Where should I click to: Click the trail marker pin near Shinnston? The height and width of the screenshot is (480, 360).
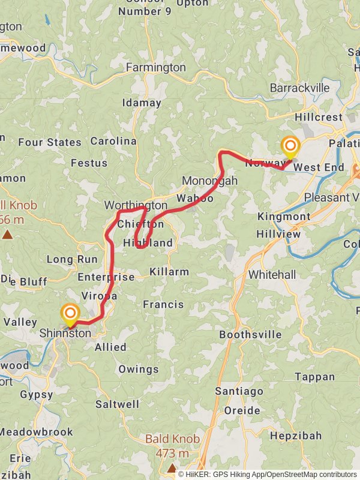tap(70, 313)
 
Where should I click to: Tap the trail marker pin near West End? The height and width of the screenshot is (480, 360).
tap(290, 146)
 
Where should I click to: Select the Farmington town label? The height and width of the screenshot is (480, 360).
tap(155, 68)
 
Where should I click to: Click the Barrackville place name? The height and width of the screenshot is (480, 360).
tap(299, 88)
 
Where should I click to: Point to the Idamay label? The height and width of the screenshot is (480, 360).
tap(142, 103)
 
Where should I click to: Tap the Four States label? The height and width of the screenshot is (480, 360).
tap(50, 142)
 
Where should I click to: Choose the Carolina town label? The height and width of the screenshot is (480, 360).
tap(113, 141)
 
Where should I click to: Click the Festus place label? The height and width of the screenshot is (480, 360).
tap(89, 163)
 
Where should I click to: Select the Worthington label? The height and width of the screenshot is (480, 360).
tap(136, 205)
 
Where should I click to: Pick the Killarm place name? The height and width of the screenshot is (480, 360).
tap(169, 272)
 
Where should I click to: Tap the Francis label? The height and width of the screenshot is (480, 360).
tap(163, 305)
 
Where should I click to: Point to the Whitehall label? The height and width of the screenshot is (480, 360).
tap(272, 274)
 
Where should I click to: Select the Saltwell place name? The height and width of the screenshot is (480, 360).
tap(118, 404)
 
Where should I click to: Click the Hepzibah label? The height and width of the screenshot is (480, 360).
tap(296, 436)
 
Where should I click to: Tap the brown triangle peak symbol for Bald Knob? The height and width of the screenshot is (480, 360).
tap(172, 467)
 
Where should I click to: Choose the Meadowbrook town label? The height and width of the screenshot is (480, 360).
tap(36, 432)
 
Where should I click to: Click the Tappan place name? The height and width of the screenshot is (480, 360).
tap(315, 377)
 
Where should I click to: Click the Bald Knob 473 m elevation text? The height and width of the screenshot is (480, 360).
tap(172, 446)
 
